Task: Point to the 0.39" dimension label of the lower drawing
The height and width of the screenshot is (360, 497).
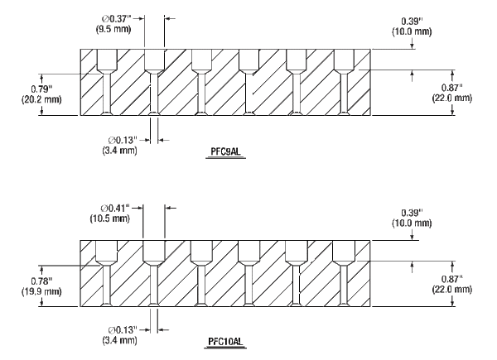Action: point(413,218)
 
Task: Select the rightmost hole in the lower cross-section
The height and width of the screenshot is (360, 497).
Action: point(343,277)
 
